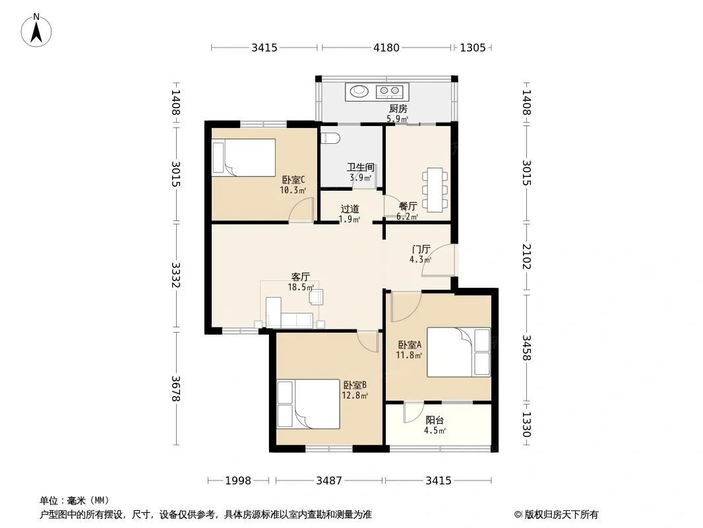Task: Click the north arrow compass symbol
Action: pyautogui.click(x=36, y=30)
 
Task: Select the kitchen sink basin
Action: pyautogui.click(x=359, y=91)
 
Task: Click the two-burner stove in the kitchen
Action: pyautogui.click(x=389, y=92)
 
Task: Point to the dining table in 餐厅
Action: pyautogui.click(x=435, y=189)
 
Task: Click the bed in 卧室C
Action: pyautogui.click(x=243, y=158)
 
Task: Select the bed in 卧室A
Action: pyautogui.click(x=458, y=352)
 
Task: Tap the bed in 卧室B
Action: pyautogui.click(x=308, y=404)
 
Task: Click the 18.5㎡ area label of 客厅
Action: pyautogui.click(x=300, y=287)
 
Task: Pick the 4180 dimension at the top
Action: pyautogui.click(x=386, y=48)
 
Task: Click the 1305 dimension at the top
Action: pyautogui.click(x=473, y=48)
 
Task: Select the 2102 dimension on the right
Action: pyautogui.click(x=526, y=257)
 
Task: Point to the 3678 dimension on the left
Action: pyautogui.click(x=175, y=389)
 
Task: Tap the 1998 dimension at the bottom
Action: pyautogui.click(x=238, y=481)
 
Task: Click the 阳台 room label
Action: pyautogui.click(x=435, y=420)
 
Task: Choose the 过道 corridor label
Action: pyautogui.click(x=350, y=209)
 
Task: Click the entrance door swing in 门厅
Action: pyautogui.click(x=439, y=260)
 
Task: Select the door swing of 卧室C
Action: pyautogui.click(x=301, y=209)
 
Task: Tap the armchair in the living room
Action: pyautogui.click(x=316, y=296)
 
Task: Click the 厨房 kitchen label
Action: pyautogui.click(x=398, y=108)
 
